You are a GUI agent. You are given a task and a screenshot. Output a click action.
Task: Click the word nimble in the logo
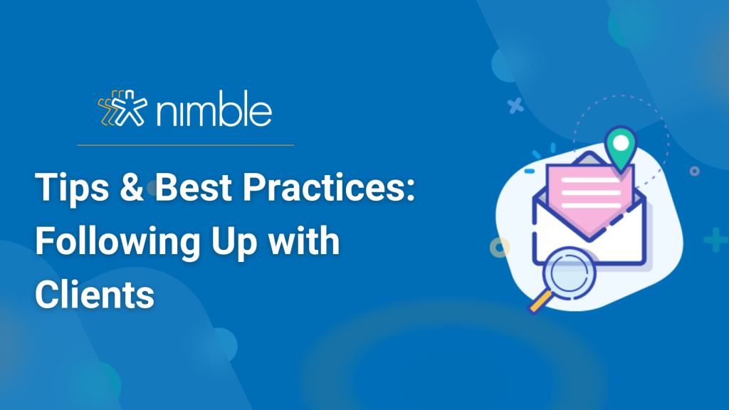pos(214,109)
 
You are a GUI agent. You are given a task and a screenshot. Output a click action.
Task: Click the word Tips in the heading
pos(72,187)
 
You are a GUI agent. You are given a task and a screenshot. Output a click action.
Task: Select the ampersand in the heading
pos(132,186)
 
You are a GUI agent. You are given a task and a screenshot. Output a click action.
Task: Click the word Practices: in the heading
pos(329,187)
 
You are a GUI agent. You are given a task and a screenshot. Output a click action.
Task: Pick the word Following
pos(117,242)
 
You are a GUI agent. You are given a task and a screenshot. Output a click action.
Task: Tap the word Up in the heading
pos(234,242)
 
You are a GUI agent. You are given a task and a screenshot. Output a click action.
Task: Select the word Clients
pos(95,294)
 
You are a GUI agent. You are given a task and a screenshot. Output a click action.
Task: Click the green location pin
pos(621,149)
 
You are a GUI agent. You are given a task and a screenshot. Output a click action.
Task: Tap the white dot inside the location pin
pos(621,143)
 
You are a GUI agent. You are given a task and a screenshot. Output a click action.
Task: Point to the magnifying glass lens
pos(569,273)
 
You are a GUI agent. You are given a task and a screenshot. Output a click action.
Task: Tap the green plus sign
pos(715,240)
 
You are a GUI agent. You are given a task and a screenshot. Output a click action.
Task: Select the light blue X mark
pos(515,106)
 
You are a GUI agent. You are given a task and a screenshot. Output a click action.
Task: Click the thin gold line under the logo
pos(186,145)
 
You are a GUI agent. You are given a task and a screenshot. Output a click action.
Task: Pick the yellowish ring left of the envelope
pos(500,248)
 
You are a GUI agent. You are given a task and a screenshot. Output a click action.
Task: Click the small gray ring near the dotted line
pos(694,171)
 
